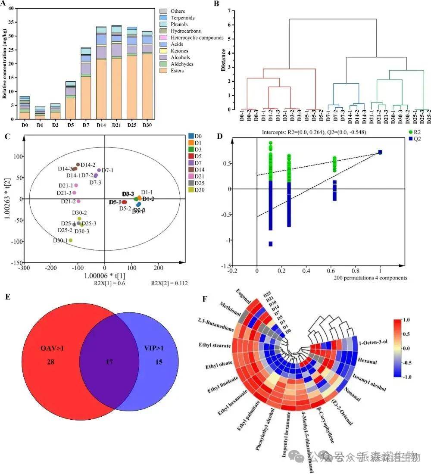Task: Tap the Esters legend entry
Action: coord(168,71)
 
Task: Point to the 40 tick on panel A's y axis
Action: coord(11,8)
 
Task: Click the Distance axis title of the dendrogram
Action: coord(223,59)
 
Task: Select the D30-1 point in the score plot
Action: coord(71,240)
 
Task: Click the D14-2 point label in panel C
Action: coord(88,165)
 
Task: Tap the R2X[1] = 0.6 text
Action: coord(110,283)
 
